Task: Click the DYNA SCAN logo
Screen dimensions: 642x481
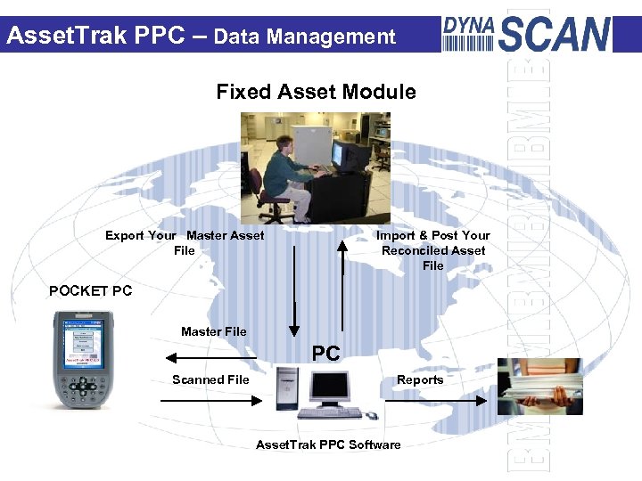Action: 527,33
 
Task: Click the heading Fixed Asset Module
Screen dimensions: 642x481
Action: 316,92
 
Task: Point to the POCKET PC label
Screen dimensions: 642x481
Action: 90,290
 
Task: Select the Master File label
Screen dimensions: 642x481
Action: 213,331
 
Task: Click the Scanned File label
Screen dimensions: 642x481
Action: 210,379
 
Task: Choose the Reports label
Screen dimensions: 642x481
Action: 420,379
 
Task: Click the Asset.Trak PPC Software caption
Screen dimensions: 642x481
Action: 328,444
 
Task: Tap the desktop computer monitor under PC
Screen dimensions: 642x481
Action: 329,387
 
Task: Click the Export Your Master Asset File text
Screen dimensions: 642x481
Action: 185,242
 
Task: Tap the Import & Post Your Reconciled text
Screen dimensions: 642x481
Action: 433,250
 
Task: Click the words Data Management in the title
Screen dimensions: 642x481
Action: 304,37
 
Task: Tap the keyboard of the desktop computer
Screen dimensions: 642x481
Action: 330,414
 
